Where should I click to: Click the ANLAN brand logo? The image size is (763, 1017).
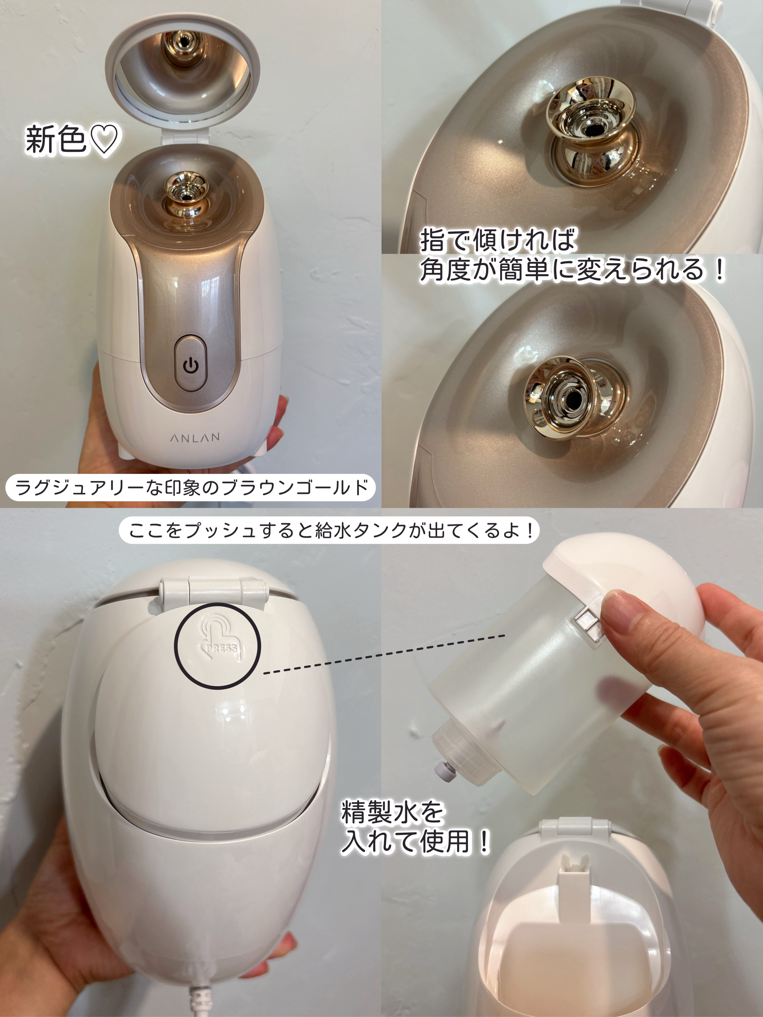(x=195, y=437)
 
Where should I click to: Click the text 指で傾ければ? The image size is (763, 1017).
(x=498, y=241)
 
